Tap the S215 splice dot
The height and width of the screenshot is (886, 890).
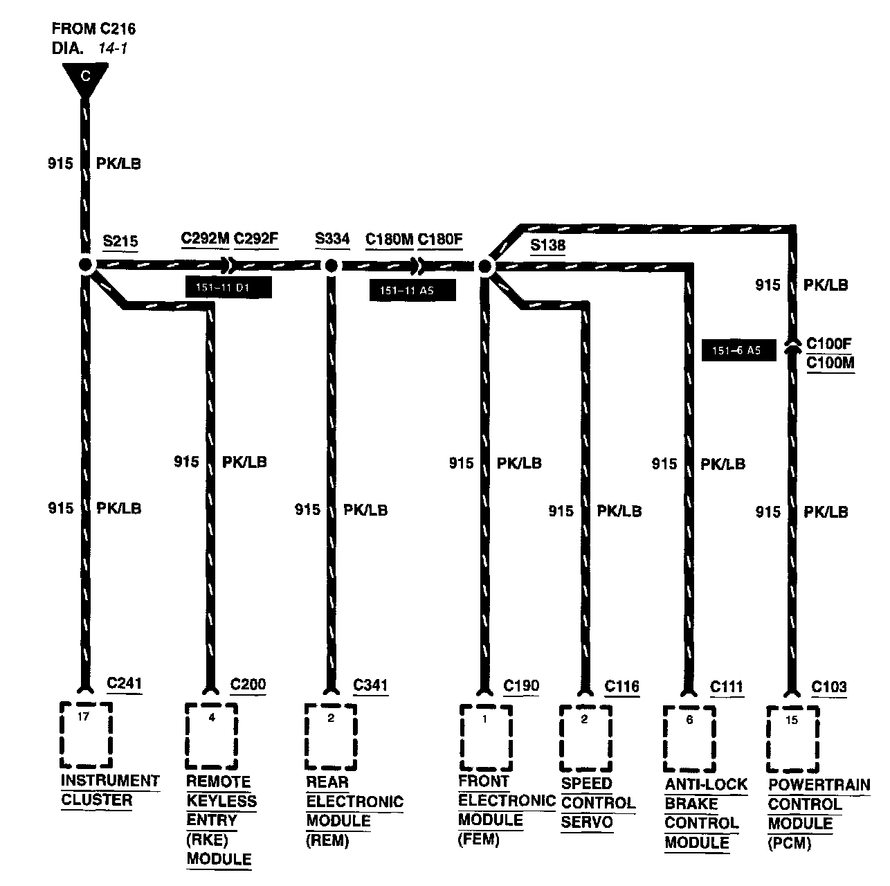86,265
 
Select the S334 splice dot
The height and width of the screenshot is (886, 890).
332,265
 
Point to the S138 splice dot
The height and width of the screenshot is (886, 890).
485,266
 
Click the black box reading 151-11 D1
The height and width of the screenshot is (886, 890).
228,288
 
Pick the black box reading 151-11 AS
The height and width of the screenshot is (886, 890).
412,291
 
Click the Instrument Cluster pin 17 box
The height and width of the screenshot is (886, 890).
86,734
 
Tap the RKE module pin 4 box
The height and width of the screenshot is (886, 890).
212,736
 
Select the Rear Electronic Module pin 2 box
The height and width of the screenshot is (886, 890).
331,736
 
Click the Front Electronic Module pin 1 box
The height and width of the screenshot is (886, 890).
485,737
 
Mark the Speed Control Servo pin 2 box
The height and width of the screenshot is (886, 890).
585,738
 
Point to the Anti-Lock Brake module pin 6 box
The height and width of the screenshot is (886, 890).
689,739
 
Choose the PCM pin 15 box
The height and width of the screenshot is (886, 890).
792,739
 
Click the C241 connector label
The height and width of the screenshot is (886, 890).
125,684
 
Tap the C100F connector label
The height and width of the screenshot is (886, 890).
830,344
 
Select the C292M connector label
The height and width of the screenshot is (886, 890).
205,239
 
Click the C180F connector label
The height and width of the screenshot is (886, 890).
440,239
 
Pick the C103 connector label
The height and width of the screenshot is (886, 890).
829,687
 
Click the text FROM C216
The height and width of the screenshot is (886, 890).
93,29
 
